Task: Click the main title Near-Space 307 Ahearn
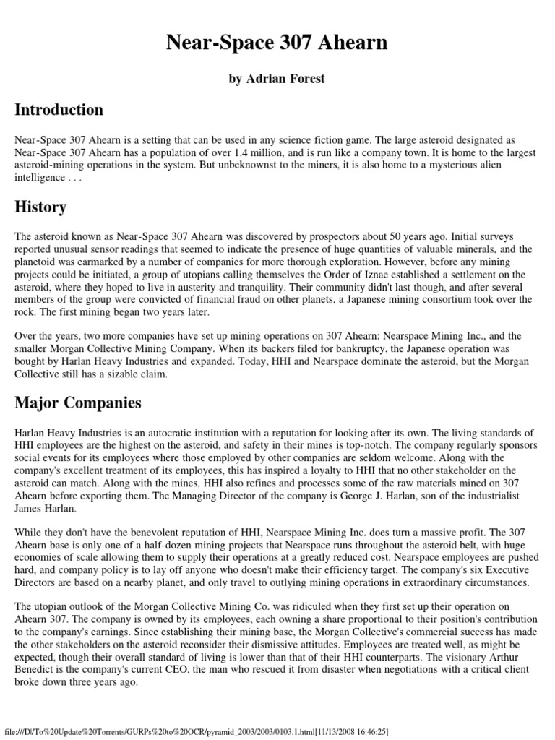tap(277, 43)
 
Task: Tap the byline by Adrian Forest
tap(277, 79)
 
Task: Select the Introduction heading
tap(59, 111)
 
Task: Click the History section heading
tap(40, 207)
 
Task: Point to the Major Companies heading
tap(78, 403)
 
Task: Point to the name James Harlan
tap(45, 510)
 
